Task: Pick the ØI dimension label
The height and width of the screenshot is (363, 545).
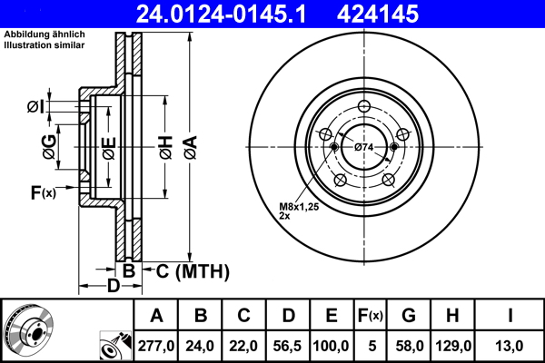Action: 35,107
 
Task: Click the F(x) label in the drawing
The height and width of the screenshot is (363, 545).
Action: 43,192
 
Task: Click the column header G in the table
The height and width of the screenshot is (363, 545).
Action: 408,316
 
